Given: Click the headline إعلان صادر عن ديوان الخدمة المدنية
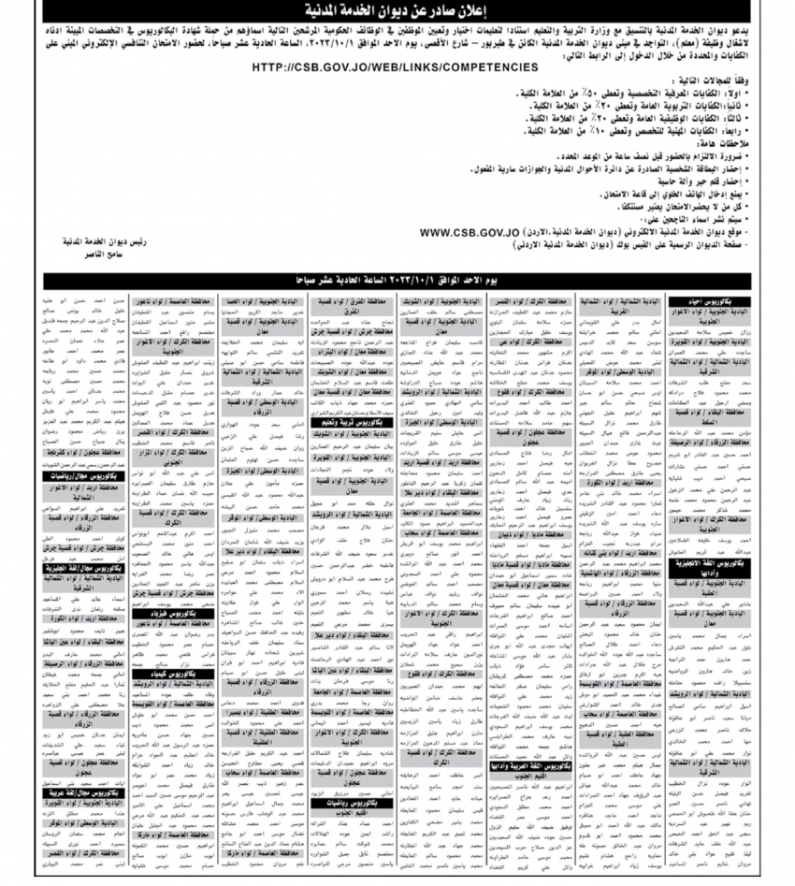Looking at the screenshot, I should tap(397, 11).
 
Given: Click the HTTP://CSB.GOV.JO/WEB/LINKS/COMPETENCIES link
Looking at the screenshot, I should tap(396, 67).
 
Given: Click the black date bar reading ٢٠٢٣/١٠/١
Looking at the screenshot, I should tap(397, 280).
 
